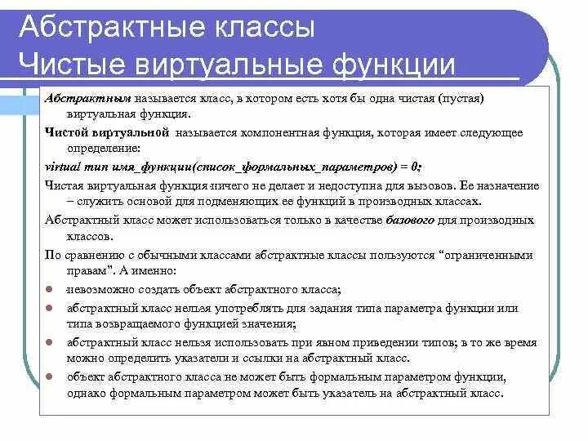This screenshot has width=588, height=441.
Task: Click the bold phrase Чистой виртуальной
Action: point(107,132)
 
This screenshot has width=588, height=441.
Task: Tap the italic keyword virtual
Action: point(60,167)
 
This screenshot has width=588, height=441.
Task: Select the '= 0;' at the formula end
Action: point(409,167)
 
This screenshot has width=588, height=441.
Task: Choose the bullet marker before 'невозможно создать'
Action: point(51,290)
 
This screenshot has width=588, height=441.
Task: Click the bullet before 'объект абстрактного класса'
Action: point(51,377)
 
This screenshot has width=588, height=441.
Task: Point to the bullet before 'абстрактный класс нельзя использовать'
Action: point(51,343)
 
